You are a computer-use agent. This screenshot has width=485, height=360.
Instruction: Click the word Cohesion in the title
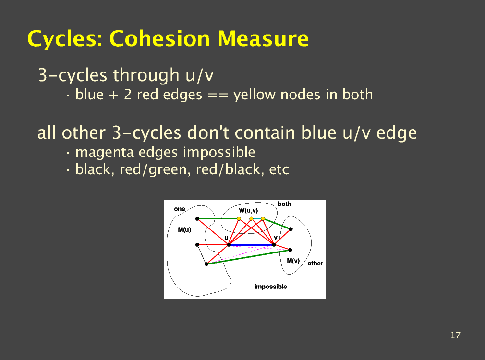pyautogui.click(x=159, y=39)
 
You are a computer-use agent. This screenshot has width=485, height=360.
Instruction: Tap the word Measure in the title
pyautogui.click(x=263, y=39)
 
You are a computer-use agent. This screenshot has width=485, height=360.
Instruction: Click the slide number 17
pyautogui.click(x=455, y=335)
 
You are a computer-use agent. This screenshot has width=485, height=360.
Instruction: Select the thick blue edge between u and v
pyautogui.click(x=252, y=245)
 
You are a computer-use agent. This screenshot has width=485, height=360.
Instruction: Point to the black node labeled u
pyautogui.click(x=229, y=245)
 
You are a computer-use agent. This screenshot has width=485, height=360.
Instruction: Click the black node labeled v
pyautogui.click(x=274, y=245)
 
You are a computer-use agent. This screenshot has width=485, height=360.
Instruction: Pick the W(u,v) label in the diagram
pyautogui.click(x=248, y=210)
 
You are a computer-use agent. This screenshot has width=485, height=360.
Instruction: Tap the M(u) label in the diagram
pyautogui.click(x=185, y=230)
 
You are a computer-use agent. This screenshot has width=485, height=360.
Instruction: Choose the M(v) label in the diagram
pyautogui.click(x=293, y=261)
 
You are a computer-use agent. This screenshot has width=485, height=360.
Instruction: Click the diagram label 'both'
pyautogui.click(x=284, y=204)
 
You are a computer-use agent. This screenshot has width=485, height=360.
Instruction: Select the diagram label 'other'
pyautogui.click(x=315, y=264)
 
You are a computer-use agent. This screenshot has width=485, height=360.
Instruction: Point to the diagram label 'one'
pyautogui.click(x=180, y=209)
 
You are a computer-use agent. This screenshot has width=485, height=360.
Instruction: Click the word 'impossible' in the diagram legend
pyautogui.click(x=271, y=287)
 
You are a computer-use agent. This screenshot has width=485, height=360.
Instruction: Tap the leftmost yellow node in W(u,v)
pyautogui.click(x=239, y=219)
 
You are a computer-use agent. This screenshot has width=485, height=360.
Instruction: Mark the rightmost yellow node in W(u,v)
pyautogui.click(x=263, y=219)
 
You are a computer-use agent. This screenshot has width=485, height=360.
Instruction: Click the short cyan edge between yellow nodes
pyautogui.click(x=257, y=219)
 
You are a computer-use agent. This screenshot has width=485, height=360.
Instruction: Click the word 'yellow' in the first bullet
pyautogui.click(x=254, y=95)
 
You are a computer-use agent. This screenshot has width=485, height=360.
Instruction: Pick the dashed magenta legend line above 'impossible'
pyautogui.click(x=254, y=281)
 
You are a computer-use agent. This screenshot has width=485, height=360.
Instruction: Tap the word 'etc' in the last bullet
pyautogui.click(x=279, y=169)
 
